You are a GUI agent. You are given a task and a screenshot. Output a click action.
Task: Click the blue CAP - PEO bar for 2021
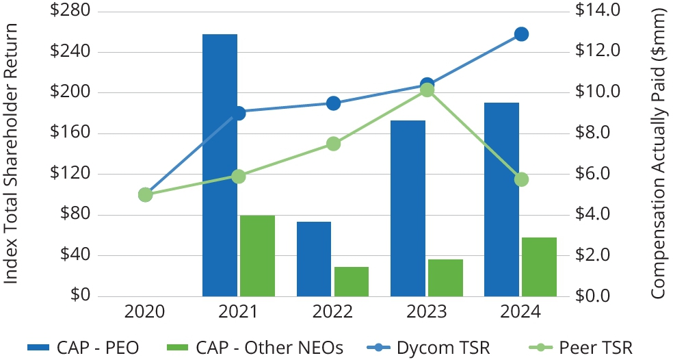coord(220,165)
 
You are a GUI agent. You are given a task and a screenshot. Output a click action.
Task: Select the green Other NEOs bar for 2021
coord(257,256)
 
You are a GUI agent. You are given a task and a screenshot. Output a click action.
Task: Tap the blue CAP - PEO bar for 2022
coord(314,259)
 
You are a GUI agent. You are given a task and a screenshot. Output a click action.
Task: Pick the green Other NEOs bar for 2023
coord(445,278)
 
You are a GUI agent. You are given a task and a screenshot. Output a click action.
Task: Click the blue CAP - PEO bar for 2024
coord(502,199)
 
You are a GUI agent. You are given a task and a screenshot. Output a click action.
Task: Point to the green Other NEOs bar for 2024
coord(539,267)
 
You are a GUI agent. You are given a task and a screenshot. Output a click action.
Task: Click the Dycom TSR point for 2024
coord(521,34)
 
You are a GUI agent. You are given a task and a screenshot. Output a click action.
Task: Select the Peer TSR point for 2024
coord(521,179)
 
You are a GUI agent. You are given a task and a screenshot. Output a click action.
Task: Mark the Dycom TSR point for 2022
coord(333,103)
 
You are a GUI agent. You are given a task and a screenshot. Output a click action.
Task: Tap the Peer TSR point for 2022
coord(333,144)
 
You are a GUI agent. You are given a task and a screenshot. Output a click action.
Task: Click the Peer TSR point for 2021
coord(239,177)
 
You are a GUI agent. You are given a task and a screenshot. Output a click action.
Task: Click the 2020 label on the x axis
coord(145,312)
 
